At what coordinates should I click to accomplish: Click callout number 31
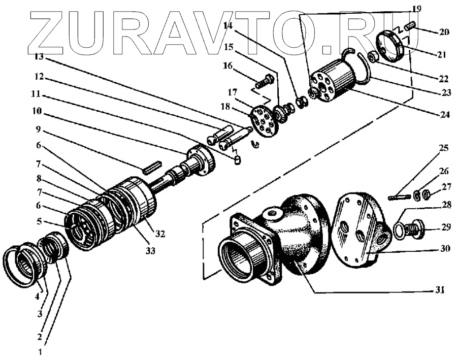pyautogui.click(x=440, y=291)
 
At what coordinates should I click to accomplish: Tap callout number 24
pyautogui.click(x=445, y=115)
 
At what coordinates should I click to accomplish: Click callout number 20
pyautogui.click(x=444, y=31)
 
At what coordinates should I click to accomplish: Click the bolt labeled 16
pyautogui.click(x=264, y=81)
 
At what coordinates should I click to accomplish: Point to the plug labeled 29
pyautogui.click(x=415, y=227)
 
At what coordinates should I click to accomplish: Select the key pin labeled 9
pyautogui.click(x=152, y=167)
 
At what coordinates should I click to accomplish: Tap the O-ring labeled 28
pyautogui.click(x=400, y=231)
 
